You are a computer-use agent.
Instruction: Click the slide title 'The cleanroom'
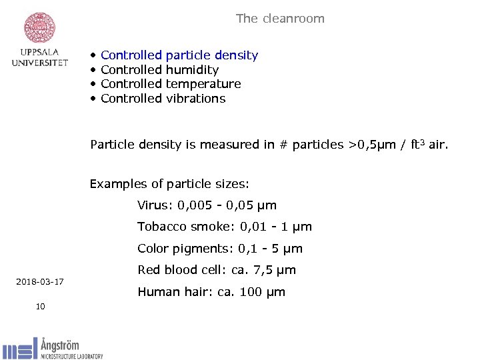tap(280, 19)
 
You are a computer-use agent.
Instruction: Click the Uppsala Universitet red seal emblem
tap(39, 27)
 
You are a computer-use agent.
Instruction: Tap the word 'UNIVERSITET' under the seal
tap(40, 63)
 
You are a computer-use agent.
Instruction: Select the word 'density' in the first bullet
tap(236, 55)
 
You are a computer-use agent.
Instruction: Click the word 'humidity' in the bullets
tap(192, 70)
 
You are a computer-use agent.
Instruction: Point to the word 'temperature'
tap(203, 84)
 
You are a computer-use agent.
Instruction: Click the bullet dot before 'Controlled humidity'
tap(94, 70)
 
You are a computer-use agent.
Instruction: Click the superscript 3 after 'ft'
tap(425, 141)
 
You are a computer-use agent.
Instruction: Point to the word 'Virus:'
tap(155, 205)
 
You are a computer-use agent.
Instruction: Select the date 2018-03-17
tap(40, 282)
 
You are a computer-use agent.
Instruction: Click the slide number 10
tap(40, 306)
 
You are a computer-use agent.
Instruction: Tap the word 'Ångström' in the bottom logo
tap(60, 345)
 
